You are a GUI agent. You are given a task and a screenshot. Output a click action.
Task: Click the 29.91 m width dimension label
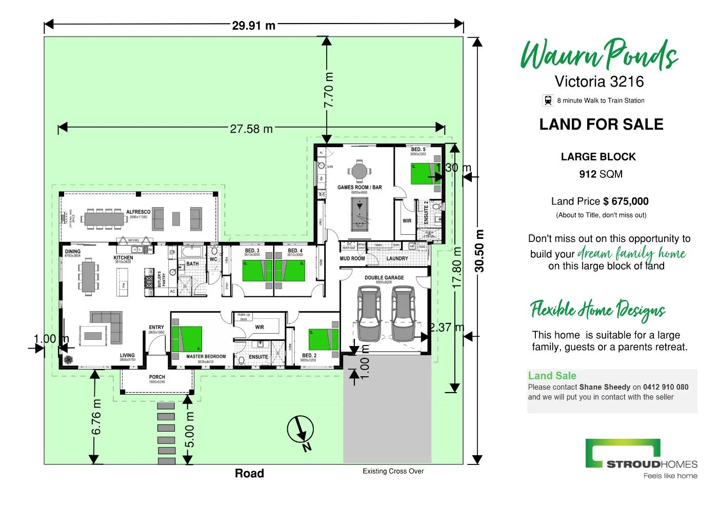[x=253, y=25]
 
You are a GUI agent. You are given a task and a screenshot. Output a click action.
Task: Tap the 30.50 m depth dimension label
[x=479, y=251]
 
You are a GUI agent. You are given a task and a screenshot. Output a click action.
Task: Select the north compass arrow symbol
[x=301, y=431]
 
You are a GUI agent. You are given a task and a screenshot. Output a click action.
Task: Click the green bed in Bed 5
[x=425, y=173]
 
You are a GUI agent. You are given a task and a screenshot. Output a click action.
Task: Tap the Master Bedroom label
[x=206, y=357]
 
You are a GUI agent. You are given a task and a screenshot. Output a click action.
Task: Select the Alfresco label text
[x=138, y=212]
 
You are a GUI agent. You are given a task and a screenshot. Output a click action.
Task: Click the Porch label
[x=157, y=377]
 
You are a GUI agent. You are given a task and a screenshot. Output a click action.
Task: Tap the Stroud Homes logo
[x=642, y=458]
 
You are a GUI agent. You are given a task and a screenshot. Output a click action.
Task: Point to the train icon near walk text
[x=548, y=100]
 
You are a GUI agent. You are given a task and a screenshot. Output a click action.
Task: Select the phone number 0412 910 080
[x=666, y=387]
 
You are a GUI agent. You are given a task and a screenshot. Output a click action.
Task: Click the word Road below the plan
[x=249, y=473]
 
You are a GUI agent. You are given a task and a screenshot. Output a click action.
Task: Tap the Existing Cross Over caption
[x=393, y=471]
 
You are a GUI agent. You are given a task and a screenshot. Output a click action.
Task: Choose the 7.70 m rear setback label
[x=329, y=90]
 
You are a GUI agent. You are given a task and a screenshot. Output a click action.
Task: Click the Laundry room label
[x=397, y=258]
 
